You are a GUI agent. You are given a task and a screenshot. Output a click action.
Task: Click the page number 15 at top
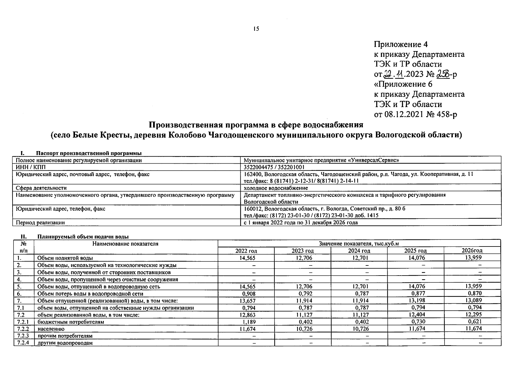click(256, 29)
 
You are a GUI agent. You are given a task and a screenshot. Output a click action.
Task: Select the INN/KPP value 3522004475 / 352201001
click(274, 167)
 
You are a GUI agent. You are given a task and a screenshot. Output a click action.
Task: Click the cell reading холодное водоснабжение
click(276, 188)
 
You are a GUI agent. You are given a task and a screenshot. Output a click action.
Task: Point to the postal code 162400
click(252, 174)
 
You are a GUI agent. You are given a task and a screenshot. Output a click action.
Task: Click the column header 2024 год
click(359, 251)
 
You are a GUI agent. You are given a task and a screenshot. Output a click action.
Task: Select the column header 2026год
click(472, 250)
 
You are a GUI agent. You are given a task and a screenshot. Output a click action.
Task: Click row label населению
click(51, 329)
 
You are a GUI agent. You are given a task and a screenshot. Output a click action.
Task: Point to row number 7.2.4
click(23, 343)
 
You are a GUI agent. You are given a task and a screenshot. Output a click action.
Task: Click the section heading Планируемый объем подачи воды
click(83, 236)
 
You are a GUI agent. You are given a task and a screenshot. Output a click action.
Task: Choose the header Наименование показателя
click(126, 244)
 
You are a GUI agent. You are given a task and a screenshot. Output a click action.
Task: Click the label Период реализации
click(40, 223)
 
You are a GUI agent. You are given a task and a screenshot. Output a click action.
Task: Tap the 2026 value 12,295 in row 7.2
click(473, 315)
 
